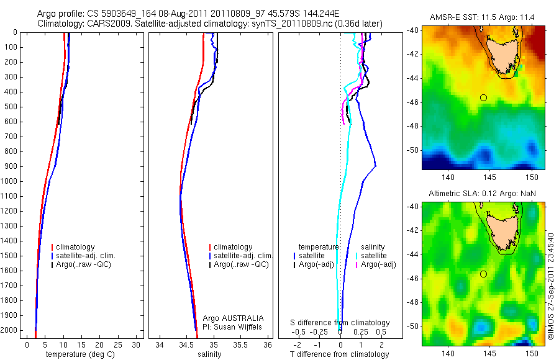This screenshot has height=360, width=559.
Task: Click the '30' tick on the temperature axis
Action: point(137,345)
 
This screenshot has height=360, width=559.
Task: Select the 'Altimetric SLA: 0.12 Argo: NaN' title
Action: point(483,194)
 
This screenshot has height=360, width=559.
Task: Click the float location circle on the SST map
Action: point(483,97)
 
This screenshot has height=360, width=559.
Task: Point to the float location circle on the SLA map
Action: point(483,274)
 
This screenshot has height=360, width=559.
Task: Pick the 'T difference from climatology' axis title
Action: point(339,354)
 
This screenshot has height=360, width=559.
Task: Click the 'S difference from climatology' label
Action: point(340,323)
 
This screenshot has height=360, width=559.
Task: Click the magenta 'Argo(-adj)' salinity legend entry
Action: point(378,264)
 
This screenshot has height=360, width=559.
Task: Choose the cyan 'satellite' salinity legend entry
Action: point(374,256)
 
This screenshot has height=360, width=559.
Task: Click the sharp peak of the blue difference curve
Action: point(376,166)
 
